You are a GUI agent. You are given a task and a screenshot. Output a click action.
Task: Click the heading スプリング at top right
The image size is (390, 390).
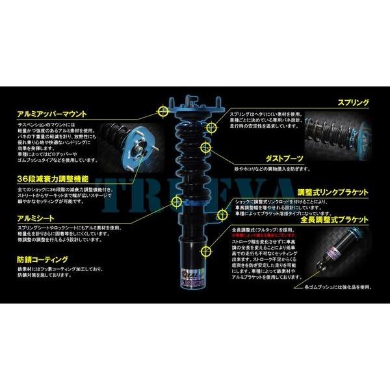tap(353, 103)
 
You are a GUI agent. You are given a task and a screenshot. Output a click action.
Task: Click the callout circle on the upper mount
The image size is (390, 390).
tap(162, 112)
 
